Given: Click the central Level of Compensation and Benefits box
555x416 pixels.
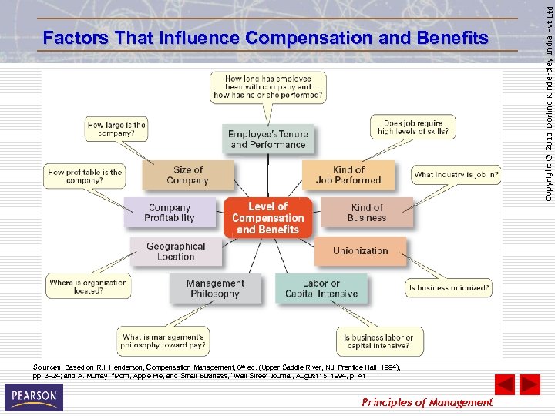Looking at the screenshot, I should click(x=267, y=218).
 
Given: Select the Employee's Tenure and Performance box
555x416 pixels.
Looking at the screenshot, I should click(x=267, y=139).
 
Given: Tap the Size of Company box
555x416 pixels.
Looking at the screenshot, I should click(x=187, y=176).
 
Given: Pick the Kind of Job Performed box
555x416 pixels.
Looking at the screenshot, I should click(x=348, y=175).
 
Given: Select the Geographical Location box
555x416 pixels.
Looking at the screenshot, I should click(x=176, y=251).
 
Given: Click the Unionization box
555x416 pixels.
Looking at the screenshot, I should click(x=360, y=251).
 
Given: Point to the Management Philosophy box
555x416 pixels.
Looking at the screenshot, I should click(x=215, y=288).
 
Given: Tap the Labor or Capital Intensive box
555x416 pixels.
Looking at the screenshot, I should click(x=321, y=288).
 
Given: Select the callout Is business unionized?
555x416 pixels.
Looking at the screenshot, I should click(x=449, y=288).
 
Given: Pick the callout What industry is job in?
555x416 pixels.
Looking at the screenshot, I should click(x=456, y=175).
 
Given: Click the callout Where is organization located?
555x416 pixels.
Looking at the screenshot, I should click(x=88, y=287).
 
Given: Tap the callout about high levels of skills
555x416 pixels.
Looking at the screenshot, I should click(x=412, y=128).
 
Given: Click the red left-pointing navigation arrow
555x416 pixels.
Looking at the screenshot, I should click(x=504, y=384).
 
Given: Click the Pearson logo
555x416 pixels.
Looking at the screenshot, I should click(x=33, y=398).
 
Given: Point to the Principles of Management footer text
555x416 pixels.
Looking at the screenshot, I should click(x=427, y=402).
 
